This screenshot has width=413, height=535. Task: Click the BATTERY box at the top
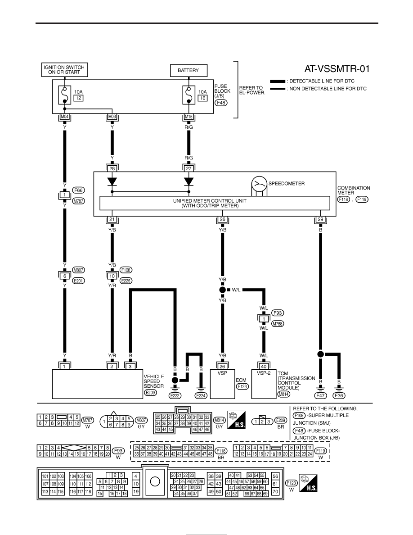coord(189,70)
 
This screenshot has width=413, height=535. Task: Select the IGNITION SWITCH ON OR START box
coord(64,70)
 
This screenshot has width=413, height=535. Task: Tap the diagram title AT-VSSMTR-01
coord(337,69)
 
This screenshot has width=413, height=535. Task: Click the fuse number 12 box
coord(79,98)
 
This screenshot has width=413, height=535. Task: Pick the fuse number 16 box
coord(203,98)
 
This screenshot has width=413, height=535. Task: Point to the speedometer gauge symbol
coord(259,185)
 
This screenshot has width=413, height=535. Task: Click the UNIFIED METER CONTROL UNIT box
coord(215,203)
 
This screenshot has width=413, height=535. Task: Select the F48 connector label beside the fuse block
coord(221,103)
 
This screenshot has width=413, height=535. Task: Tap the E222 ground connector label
coord(175,395)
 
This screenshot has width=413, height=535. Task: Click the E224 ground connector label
coord(201,395)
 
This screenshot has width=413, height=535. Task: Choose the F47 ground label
coord(321,395)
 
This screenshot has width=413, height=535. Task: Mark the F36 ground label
coord(339,395)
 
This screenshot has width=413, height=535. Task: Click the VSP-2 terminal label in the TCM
coord(264,373)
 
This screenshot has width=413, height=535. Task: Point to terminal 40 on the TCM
coord(264,367)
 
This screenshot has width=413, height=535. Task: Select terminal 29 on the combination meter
coord(320,219)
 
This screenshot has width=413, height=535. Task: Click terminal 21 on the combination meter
coord(112,219)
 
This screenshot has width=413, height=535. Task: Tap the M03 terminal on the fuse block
coord(112,117)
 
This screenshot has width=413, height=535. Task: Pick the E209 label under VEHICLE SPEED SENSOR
coord(150,392)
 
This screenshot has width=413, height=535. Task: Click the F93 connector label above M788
coord(278,313)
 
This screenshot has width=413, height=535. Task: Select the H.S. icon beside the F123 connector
coord(308,483)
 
